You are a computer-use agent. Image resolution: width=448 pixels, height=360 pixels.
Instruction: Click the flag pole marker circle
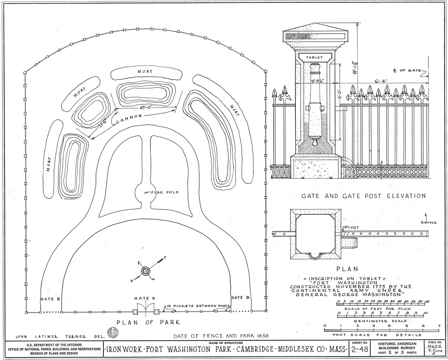click(146, 193)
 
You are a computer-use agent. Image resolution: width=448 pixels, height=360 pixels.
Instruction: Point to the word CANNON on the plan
click(129, 119)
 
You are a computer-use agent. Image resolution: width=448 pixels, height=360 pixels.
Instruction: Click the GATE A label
click(145, 298)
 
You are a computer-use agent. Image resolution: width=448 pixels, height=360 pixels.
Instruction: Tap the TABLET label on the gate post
click(314, 57)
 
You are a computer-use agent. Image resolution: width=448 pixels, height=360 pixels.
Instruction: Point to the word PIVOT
click(352, 228)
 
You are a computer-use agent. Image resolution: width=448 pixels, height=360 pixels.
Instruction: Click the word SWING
click(429, 222)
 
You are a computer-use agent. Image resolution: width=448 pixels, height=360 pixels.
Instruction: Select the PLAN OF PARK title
click(148, 323)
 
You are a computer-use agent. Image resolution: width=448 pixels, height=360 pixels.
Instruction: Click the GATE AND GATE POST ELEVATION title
click(364, 196)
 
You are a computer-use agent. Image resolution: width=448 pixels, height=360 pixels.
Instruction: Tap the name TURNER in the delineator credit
click(76, 337)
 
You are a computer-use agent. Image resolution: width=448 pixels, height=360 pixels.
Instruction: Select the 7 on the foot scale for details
click(439, 326)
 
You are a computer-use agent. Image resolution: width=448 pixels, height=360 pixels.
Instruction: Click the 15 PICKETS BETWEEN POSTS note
click(198, 306)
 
